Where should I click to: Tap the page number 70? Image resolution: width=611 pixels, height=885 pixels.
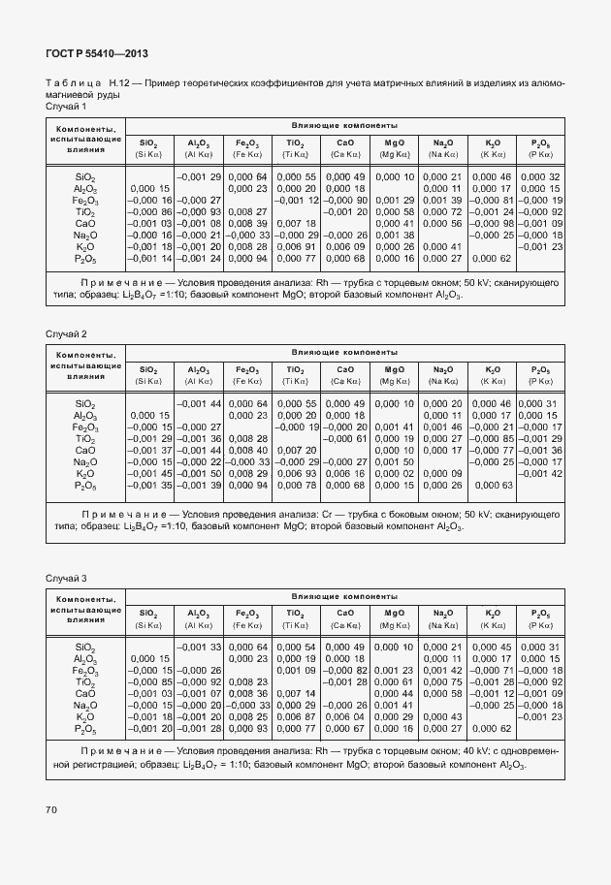click(50, 808)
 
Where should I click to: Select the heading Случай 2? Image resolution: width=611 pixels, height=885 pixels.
click(66, 333)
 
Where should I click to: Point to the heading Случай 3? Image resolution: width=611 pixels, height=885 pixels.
click(66, 578)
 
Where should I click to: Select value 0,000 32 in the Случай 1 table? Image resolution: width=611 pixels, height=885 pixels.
click(540, 176)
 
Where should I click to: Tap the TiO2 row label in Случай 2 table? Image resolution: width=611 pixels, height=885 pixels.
click(84, 438)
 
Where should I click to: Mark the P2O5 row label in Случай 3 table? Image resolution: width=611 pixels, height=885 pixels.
click(85, 728)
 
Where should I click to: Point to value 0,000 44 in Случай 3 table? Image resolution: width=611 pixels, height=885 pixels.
click(395, 693)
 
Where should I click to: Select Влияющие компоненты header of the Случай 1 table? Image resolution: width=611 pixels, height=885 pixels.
click(345, 126)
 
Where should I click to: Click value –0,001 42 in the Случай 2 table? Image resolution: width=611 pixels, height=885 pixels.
click(540, 473)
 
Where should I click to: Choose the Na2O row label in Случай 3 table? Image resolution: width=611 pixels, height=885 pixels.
click(85, 705)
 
